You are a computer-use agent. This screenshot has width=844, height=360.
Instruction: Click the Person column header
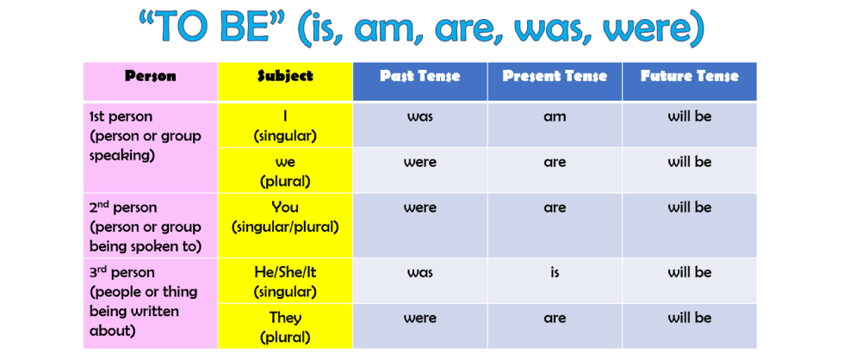click(x=150, y=77)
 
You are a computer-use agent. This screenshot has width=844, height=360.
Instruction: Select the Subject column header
click(x=285, y=77)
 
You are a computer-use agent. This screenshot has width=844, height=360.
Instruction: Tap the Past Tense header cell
click(x=419, y=77)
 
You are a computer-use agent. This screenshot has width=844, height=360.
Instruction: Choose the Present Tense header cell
click(x=555, y=77)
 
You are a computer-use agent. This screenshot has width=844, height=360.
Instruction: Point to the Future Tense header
click(x=689, y=77)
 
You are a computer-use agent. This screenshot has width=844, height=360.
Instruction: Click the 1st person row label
click(x=146, y=135)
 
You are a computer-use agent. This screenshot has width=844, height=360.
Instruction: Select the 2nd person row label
click(x=146, y=227)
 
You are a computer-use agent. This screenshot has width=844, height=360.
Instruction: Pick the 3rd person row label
click(x=144, y=301)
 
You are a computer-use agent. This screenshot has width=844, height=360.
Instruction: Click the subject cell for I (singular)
click(x=285, y=126)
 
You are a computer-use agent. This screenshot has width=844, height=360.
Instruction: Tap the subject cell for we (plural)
click(x=285, y=171)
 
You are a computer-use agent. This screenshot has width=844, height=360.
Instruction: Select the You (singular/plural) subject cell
click(x=285, y=217)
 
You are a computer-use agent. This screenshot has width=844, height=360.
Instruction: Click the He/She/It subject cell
click(x=285, y=282)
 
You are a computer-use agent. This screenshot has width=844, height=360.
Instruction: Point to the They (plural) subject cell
click(x=285, y=327)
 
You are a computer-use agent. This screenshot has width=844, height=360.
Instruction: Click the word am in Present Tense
click(x=555, y=116)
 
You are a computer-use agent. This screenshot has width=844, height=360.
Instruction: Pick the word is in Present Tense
click(x=555, y=272)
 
